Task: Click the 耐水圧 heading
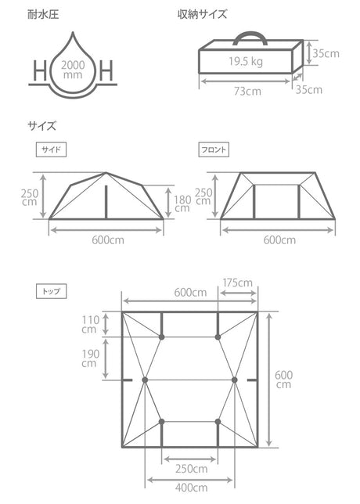(45, 15)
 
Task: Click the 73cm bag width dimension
(246, 90)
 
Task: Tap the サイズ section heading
(42, 124)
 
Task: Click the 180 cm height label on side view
(182, 202)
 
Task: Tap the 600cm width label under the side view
(107, 240)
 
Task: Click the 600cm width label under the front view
(279, 240)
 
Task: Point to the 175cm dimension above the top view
(238, 282)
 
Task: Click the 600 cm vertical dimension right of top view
(284, 379)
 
